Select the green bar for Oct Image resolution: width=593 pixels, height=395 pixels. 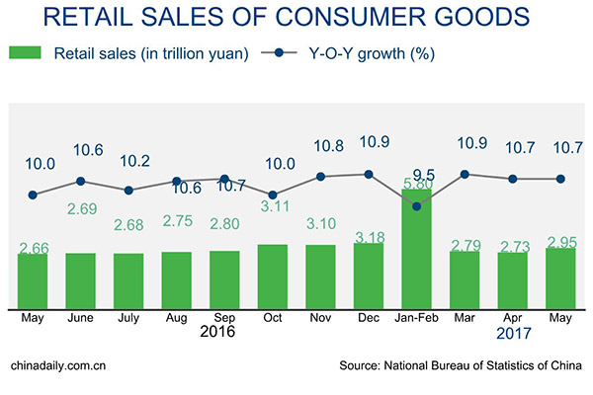(272, 276)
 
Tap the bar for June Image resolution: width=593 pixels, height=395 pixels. (80, 279)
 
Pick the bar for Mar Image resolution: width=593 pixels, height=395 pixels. (465, 278)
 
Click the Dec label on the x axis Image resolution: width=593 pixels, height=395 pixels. (369, 317)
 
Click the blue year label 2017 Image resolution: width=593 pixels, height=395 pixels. (512, 334)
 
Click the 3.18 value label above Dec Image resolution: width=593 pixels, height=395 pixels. (369, 237)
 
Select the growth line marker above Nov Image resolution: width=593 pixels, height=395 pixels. (320, 177)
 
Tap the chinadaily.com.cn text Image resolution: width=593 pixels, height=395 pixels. (57, 366)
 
